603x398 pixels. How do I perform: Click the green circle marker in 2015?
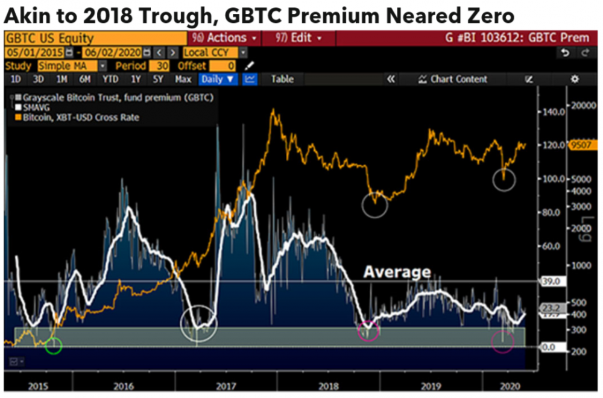(x=54, y=346)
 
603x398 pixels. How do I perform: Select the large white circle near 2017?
(x=198, y=324)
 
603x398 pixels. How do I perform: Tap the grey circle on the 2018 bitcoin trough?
(x=374, y=204)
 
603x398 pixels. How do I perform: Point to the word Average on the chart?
(x=397, y=273)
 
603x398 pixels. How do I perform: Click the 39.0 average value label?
(x=551, y=281)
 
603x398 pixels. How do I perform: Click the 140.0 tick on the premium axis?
(x=552, y=112)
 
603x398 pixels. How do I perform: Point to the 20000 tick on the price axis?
(x=583, y=104)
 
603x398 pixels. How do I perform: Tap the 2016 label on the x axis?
(x=124, y=385)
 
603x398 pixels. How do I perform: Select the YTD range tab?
(x=110, y=79)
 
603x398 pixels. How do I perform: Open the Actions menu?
(x=226, y=38)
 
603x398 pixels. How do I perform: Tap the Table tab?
(x=282, y=79)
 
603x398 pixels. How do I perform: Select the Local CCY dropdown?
(x=214, y=52)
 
